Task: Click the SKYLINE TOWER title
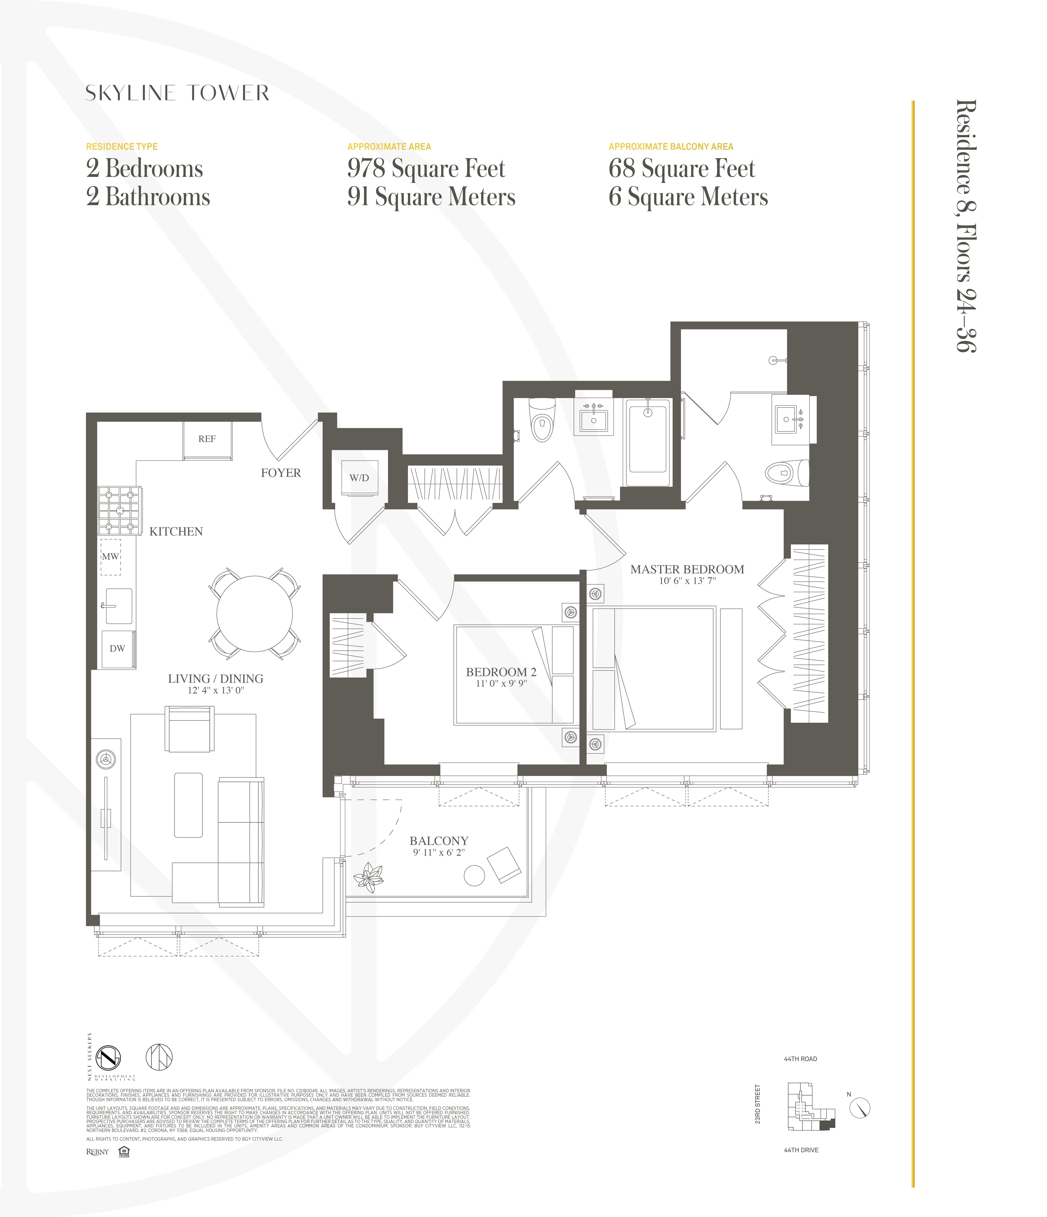tap(177, 93)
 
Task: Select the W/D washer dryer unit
tap(359, 477)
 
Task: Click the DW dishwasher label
tap(117, 648)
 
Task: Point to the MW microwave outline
tap(110, 556)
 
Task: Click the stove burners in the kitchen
tap(119, 510)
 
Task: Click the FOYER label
tap(281, 473)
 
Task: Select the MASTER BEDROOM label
tap(687, 569)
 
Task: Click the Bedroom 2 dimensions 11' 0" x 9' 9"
tap(501, 684)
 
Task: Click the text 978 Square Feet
tap(426, 169)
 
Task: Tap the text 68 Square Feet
tap(681, 169)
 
